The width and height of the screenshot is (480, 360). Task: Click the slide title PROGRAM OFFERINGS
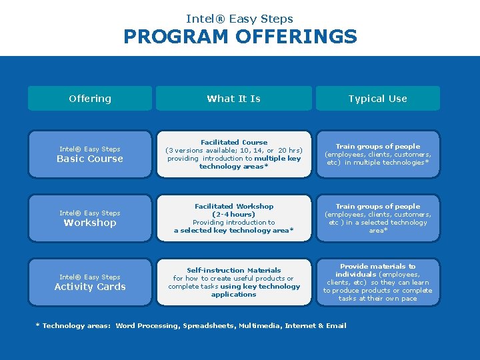240,37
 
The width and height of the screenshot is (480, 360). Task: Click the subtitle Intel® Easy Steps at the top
240,19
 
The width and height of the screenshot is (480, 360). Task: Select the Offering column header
90,99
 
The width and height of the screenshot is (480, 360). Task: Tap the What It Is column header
233,99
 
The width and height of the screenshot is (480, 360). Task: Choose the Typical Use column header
377,99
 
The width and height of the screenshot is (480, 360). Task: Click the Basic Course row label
90,159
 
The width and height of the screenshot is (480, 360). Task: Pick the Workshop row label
90,223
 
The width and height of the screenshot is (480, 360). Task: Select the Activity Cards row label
90,287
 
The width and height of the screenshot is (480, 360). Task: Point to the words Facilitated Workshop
234,206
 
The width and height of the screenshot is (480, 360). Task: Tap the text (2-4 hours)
234,214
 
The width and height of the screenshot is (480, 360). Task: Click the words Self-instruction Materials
234,270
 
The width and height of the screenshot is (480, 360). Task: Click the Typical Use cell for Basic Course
377,154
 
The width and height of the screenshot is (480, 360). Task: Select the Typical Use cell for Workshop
377,218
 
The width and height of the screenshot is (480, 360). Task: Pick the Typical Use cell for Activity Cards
377,282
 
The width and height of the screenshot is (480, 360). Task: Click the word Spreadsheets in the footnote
208,325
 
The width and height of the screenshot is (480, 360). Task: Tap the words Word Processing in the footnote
147,325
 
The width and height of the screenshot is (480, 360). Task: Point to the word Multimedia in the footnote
260,325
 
